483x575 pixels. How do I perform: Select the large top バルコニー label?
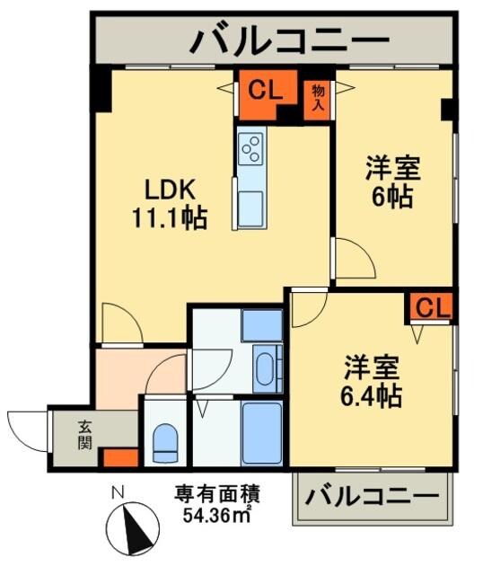tap(289, 40)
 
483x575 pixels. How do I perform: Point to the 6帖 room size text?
tap(393, 196)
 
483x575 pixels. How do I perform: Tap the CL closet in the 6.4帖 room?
tap(433, 307)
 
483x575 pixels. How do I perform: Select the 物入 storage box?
tap(318, 96)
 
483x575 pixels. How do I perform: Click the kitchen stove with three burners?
tap(250, 147)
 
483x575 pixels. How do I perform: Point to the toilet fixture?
tap(166, 442)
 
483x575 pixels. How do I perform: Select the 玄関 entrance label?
tap(83, 434)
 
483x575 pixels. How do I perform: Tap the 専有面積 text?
tap(217, 493)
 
